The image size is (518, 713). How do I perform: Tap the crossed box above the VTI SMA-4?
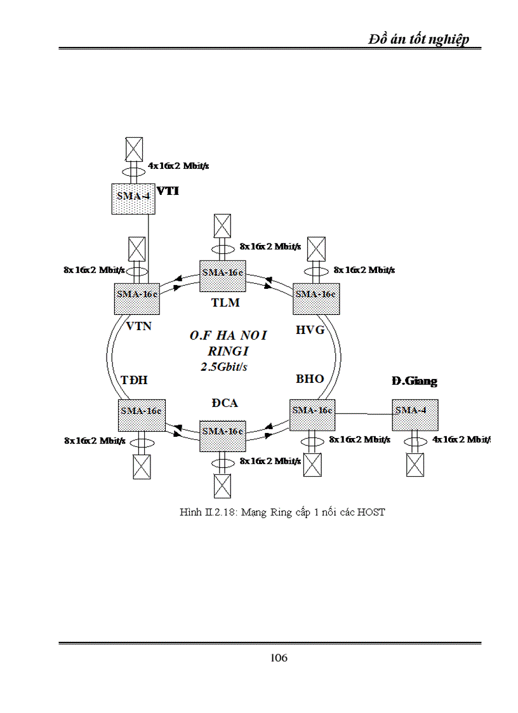coord(132,150)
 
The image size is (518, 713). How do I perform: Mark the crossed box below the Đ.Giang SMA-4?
coord(415,464)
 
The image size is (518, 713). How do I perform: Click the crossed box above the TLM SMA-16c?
coord(222,225)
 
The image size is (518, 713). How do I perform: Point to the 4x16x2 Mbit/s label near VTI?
coord(178,166)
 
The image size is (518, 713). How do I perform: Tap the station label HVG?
coord(310,329)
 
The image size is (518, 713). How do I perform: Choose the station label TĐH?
coord(134,380)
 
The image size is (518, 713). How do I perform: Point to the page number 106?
coord(279,658)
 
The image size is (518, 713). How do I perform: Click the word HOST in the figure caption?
coord(371,512)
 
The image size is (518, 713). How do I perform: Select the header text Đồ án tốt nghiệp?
coord(419,39)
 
